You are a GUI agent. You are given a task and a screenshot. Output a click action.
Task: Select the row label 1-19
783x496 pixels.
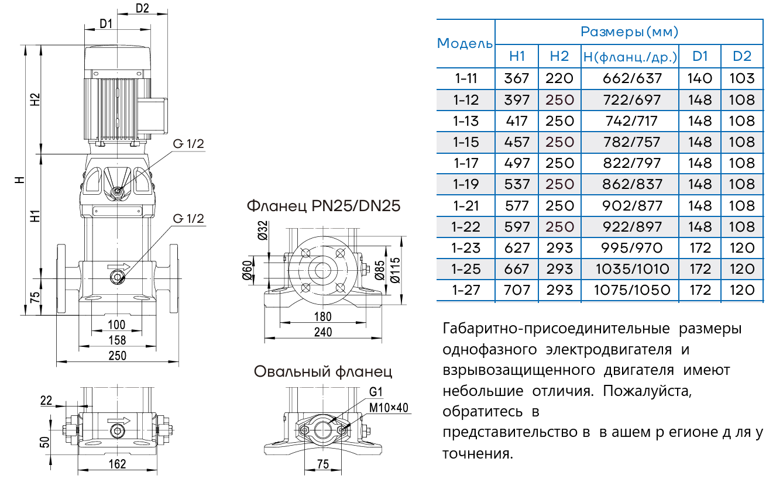pos(466,185)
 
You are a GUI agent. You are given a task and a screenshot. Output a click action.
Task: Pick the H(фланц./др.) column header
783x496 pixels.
pos(630,57)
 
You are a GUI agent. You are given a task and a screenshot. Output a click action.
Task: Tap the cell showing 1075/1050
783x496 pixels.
pos(630,290)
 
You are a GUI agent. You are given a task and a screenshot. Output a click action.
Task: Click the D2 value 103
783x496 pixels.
pos(741,78)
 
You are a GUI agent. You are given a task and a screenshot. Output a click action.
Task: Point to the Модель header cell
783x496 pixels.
pos(465,43)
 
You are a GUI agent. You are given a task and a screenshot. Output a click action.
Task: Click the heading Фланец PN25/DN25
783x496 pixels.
pos(324,206)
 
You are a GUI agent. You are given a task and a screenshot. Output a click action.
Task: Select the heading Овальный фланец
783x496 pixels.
pos(323,371)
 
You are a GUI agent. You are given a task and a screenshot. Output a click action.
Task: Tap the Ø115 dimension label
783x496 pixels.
pos(396,270)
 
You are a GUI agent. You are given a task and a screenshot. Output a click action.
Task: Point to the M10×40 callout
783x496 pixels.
pos(389,408)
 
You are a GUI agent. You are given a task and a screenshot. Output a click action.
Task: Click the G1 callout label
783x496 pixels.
pos(375,392)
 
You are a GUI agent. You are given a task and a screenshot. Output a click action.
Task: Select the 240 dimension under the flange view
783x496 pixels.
pos(322,332)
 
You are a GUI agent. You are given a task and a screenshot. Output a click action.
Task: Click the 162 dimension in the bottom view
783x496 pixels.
pos(118,464)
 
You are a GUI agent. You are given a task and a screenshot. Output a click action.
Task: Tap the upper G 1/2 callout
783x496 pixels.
pos(188,145)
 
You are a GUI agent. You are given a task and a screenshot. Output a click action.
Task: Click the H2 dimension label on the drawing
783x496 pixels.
pos(35,99)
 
